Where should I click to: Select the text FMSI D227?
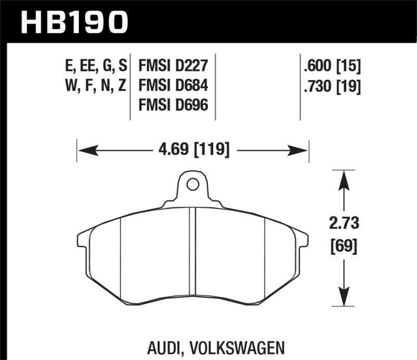(x=173, y=66)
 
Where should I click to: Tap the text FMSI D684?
(x=174, y=85)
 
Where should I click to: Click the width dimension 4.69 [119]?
(x=193, y=151)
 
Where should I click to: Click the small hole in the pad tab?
(x=192, y=184)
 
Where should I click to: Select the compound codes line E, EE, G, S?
(x=93, y=66)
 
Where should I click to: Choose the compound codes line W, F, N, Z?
(x=93, y=85)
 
